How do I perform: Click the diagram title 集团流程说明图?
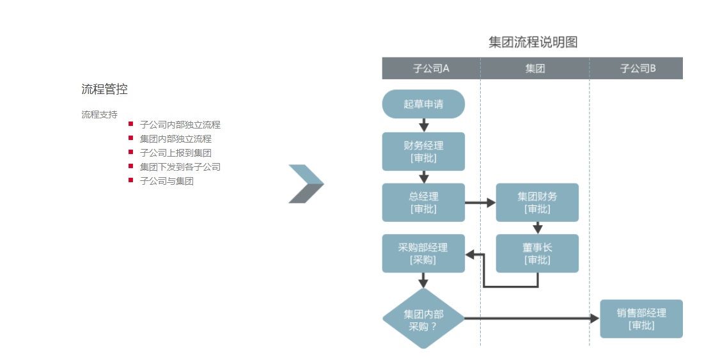533,42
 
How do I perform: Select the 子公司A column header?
431,68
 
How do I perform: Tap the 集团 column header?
535,68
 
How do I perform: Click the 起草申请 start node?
423,104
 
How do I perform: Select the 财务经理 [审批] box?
423,152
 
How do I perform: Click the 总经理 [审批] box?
423,202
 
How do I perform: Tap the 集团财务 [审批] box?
537,202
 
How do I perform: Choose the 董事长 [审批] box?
537,253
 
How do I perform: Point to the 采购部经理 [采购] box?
423,253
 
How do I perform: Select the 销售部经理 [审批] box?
641,318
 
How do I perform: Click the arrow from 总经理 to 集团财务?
480,203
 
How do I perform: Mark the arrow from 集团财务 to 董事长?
538,228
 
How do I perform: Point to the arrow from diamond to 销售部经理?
531,318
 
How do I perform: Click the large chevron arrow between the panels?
306,184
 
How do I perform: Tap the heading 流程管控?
104,90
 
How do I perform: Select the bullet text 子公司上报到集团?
175,153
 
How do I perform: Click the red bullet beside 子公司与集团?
131,180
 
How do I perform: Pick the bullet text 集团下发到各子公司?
180,167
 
